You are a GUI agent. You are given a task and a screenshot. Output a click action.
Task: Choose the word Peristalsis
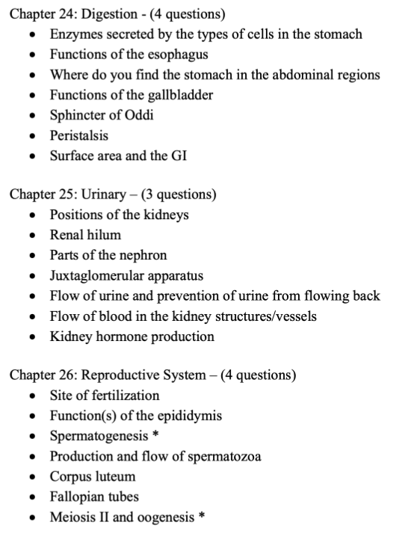tap(79, 135)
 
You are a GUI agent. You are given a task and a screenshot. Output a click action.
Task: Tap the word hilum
tap(105, 235)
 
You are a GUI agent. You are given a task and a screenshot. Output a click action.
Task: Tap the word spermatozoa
tap(225, 456)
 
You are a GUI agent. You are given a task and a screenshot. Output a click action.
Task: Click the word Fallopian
tap(77, 497)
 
